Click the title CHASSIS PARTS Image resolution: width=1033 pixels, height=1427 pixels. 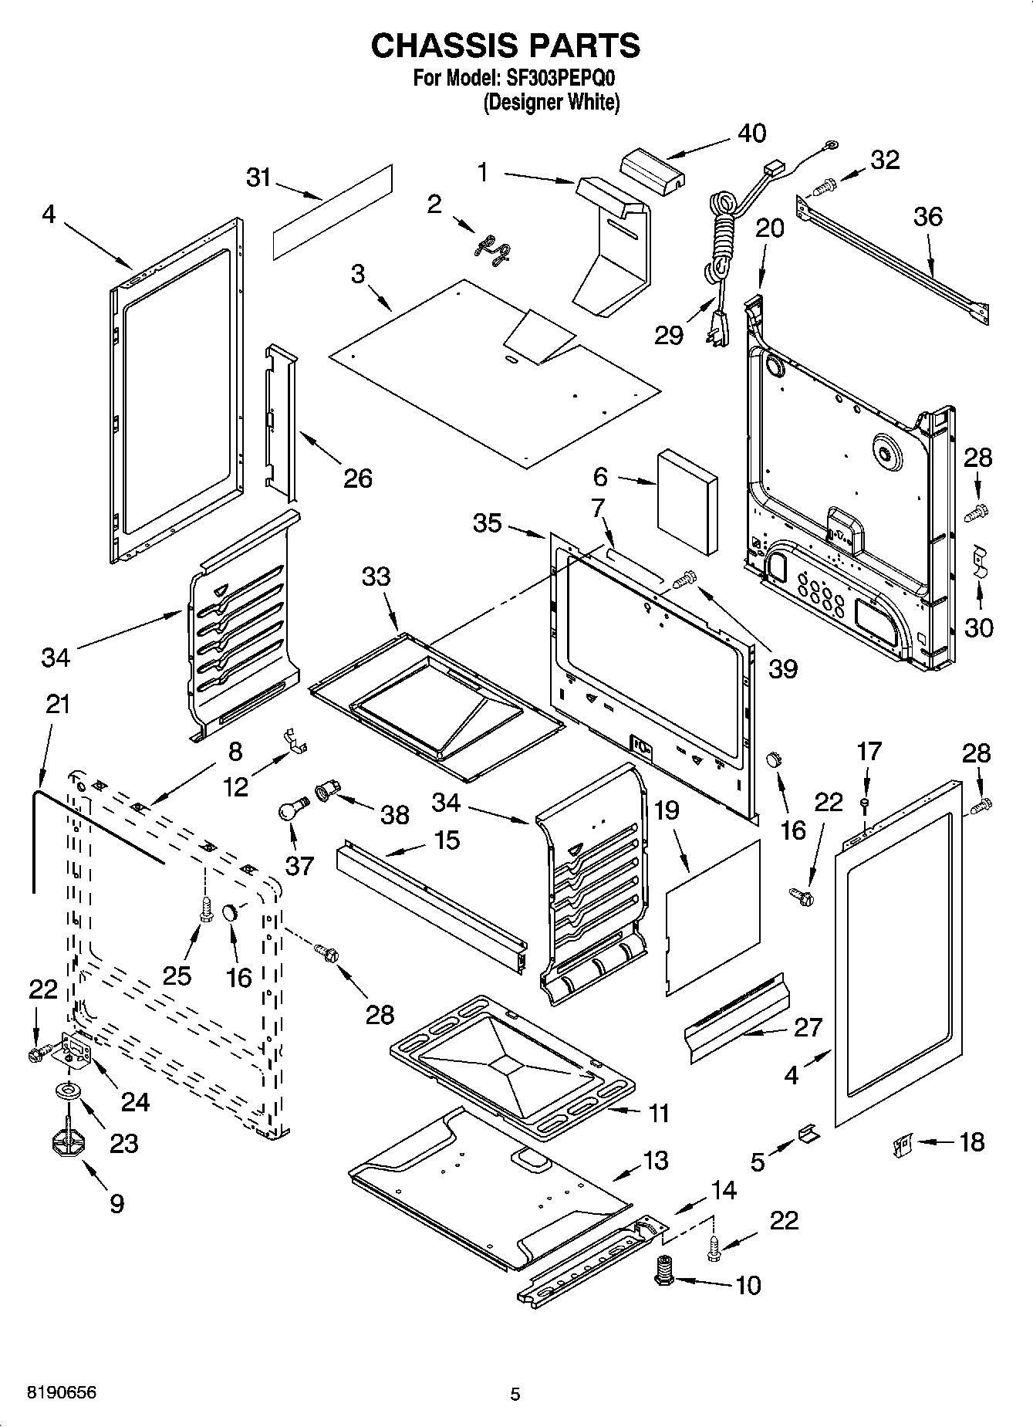[505, 46]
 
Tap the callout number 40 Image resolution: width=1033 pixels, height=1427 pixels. [751, 134]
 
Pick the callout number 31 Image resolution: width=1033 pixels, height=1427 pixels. [258, 178]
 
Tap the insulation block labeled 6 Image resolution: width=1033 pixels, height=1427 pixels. [687, 502]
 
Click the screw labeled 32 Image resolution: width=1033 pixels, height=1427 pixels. [824, 185]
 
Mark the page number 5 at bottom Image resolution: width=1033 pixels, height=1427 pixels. [515, 1395]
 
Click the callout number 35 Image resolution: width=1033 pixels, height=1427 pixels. [488, 522]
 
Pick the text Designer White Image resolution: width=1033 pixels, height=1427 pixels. [551, 103]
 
